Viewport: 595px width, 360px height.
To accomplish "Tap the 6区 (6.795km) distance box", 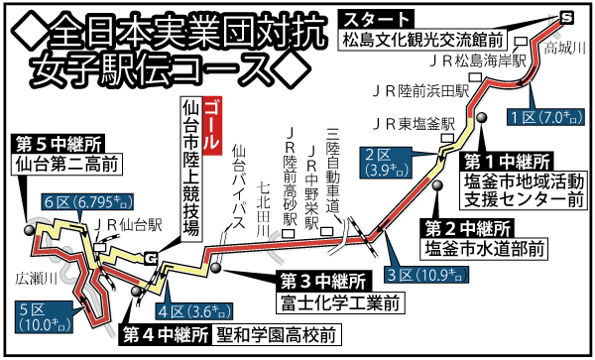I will point(87,204).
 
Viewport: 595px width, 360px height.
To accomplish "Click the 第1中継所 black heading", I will point(509,160).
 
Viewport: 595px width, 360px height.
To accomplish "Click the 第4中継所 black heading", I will point(164,334).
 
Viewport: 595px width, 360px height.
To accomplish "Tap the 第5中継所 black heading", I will point(57,142).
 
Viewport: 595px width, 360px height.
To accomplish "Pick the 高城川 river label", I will point(565,48).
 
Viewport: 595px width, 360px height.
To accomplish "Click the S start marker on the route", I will point(565,17).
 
